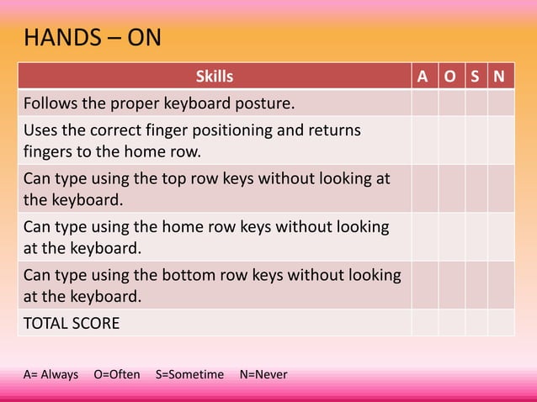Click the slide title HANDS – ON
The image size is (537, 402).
tap(93, 39)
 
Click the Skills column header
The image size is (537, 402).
tap(214, 77)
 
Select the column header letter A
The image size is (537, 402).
tap(424, 77)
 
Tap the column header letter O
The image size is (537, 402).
tap(451, 77)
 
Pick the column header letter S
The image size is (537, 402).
tap(476, 77)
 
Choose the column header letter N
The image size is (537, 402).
tap(501, 77)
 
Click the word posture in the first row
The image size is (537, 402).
tap(264, 103)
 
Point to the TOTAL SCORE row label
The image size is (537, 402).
tap(72, 323)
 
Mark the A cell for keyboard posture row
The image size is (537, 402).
tap(424, 103)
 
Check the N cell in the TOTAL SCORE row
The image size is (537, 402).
tap(501, 323)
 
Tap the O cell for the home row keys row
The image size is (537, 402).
tap(451, 237)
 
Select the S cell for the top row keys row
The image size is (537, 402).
tap(476, 189)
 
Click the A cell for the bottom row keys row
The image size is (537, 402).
tap(424, 285)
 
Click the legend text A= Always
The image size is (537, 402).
tap(51, 373)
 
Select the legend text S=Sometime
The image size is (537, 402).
tap(189, 373)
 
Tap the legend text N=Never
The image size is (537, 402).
tap(263, 373)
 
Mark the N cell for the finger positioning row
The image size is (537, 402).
tap(501, 140)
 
